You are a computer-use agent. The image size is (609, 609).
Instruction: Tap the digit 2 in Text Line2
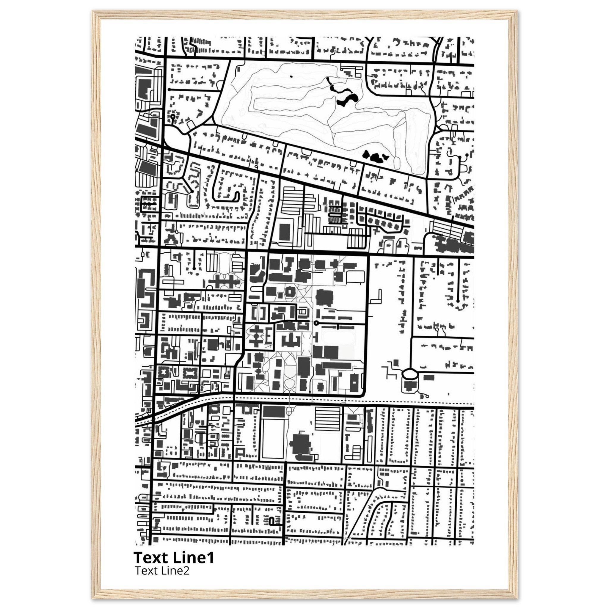(187, 570)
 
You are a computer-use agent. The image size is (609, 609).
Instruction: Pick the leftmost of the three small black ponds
(366, 154)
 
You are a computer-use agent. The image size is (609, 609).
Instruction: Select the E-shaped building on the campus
(269, 336)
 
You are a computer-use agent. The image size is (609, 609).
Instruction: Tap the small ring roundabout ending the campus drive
(316, 323)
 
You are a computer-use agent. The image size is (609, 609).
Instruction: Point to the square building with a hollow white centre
(289, 292)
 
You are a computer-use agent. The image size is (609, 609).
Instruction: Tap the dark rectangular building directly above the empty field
(274, 412)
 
